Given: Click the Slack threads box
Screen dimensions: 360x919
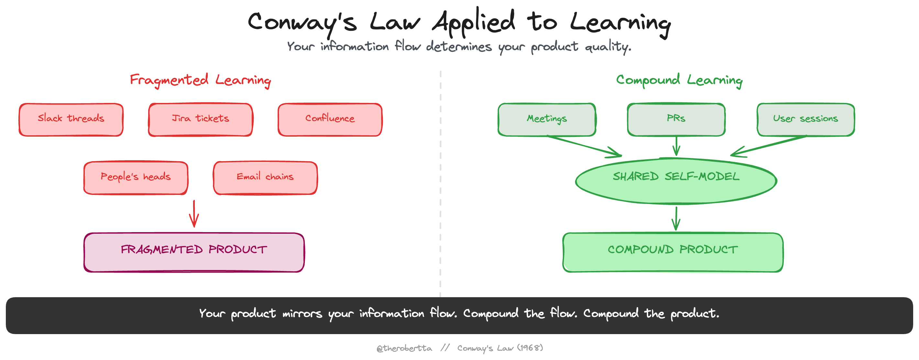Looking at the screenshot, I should pos(71,119).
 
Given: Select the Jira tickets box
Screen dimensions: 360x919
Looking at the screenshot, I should pos(201,119).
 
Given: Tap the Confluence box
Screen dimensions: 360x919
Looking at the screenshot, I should pos(330,119).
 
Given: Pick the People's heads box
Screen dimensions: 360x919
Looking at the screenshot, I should pos(136,178).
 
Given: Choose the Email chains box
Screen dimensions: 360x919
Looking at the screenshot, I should pos(265,178).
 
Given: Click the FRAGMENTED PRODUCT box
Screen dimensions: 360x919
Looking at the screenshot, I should pos(194,252).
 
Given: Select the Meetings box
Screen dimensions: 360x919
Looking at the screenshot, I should pos(547,119).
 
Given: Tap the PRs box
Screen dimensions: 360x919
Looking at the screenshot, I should pos(676,119).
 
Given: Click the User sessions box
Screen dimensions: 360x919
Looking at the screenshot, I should pos(805,119).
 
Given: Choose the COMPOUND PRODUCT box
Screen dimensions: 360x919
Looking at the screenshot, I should pos(673,252).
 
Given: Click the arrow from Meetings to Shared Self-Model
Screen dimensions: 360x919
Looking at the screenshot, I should pos(585,146).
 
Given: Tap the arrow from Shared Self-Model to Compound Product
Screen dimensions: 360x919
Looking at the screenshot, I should pos(676,218).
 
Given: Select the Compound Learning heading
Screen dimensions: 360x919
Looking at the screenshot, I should pos(679,80).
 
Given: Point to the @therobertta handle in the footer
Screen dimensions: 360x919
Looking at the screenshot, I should pos(404,348).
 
